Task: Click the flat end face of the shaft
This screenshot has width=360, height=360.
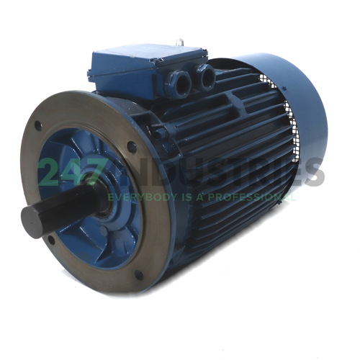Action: point(33,219)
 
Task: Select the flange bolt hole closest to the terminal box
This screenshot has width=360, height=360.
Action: point(132,147)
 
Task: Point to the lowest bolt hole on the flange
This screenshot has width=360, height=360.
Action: point(138,274)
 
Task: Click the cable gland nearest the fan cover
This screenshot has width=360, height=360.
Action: point(206,74)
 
